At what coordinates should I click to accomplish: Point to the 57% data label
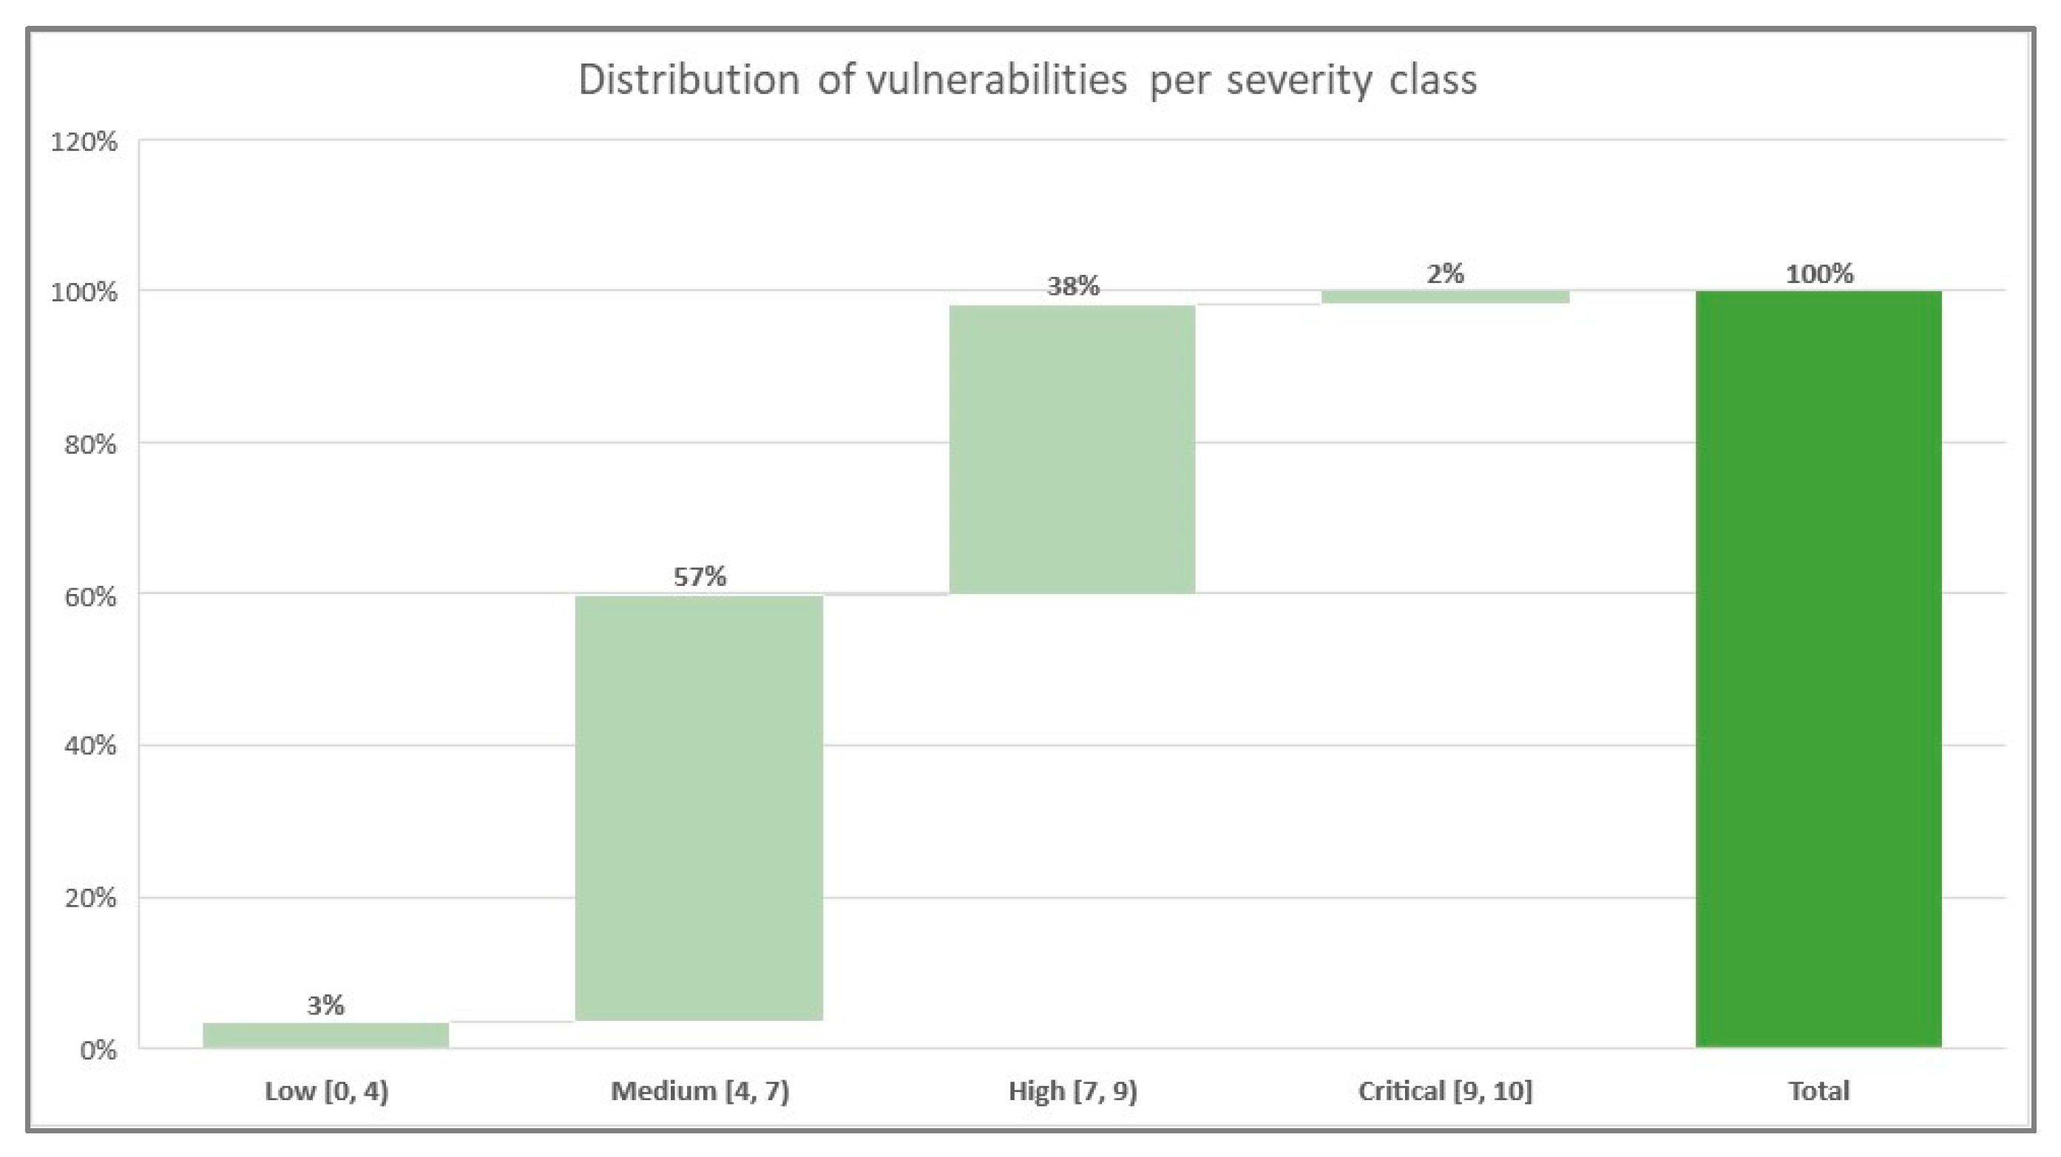point(700,576)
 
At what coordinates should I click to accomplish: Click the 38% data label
point(1073,286)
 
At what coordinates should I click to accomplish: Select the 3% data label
point(325,1005)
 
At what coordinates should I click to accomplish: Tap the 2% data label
point(1445,274)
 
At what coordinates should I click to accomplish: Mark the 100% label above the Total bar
point(1819,274)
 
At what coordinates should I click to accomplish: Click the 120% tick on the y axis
point(84,143)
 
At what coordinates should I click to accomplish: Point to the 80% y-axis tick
point(89,445)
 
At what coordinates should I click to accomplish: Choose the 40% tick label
point(89,746)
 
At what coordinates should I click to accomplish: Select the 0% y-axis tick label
point(98,1050)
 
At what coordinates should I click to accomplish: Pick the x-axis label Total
point(1818,1091)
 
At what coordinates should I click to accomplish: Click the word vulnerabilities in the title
point(997,80)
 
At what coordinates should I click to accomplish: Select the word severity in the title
point(1299,80)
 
